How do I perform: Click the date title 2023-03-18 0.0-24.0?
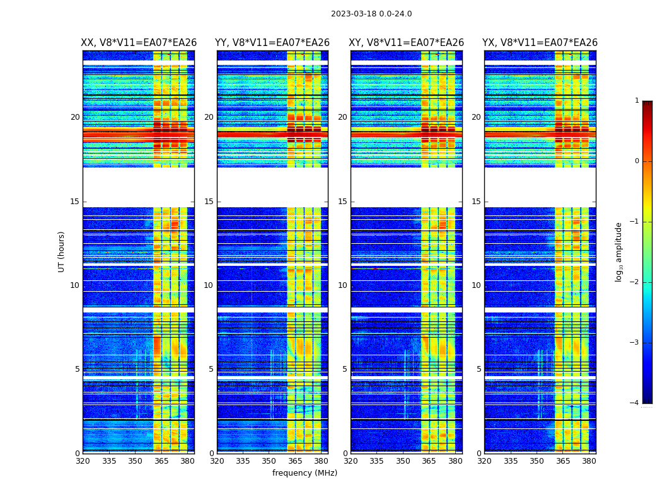click(x=371, y=14)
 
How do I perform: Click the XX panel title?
click(x=139, y=43)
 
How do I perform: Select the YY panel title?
click(x=272, y=43)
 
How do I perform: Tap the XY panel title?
click(x=407, y=43)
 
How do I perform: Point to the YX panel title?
click(x=540, y=43)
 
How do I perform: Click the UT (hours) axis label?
click(x=62, y=251)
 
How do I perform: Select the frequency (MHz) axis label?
click(x=305, y=473)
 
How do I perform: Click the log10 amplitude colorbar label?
click(x=619, y=251)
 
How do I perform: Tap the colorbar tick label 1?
click(x=637, y=101)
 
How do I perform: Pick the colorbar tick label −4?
click(x=635, y=403)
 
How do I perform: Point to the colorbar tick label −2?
click(x=635, y=282)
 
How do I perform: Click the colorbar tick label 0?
click(x=637, y=161)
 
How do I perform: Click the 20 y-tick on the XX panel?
click(x=75, y=117)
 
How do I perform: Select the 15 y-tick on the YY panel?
click(x=209, y=202)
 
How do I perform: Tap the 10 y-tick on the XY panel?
click(x=342, y=285)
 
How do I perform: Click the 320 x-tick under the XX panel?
click(x=83, y=461)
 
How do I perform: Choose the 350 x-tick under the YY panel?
click(x=269, y=461)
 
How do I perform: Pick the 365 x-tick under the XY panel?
click(x=429, y=461)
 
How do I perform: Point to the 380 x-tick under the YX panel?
click(x=589, y=461)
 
